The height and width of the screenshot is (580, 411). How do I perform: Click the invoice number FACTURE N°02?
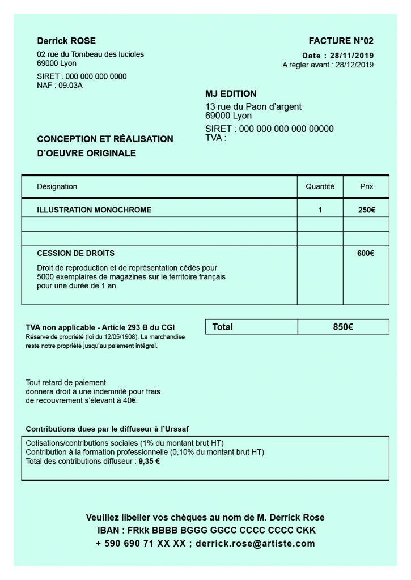(341, 41)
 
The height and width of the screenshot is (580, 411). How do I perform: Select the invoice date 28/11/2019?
(354, 56)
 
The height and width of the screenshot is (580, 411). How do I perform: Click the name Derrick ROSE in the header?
(66, 41)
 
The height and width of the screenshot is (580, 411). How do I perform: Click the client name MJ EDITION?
(231, 94)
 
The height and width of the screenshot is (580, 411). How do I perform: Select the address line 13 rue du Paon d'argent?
(253, 106)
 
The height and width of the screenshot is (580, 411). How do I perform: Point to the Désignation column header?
(57, 186)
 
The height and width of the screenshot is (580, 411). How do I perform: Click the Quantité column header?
(320, 186)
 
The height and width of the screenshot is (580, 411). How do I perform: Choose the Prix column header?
(367, 186)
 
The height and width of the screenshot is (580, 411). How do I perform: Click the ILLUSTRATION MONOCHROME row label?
(94, 210)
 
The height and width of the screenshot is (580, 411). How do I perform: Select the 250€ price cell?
(366, 210)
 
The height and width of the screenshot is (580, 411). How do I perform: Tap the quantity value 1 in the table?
(320, 210)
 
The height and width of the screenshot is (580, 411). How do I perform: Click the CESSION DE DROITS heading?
(75, 254)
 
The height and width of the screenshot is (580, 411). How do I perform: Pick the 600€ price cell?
(366, 254)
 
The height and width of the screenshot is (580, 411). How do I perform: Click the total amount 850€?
(343, 327)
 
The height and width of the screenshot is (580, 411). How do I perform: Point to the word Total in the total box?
(222, 327)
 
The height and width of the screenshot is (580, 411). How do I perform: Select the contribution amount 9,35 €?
(149, 461)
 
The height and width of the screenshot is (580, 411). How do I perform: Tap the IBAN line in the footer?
(206, 531)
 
